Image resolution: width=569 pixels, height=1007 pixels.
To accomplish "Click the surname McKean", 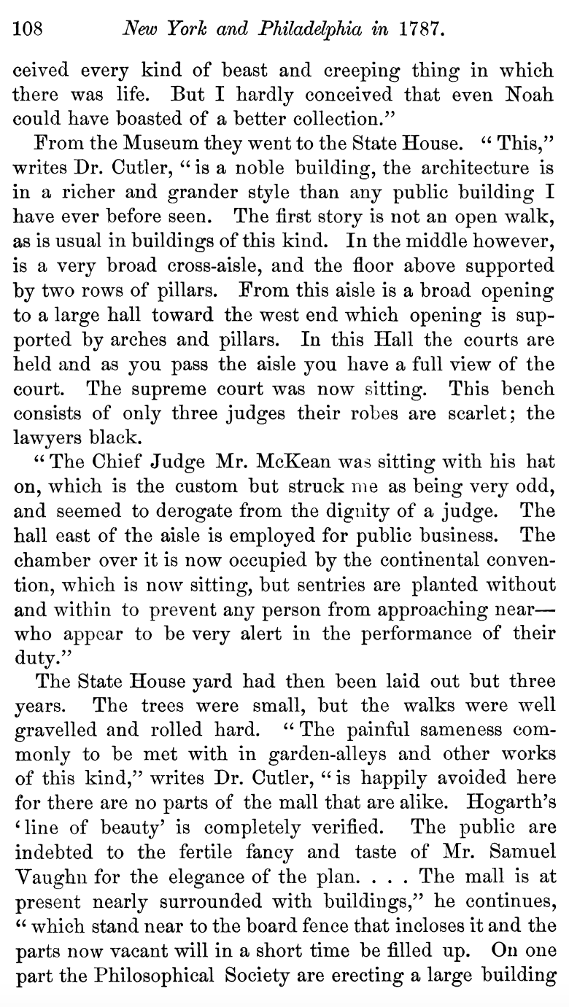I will (274, 462).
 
